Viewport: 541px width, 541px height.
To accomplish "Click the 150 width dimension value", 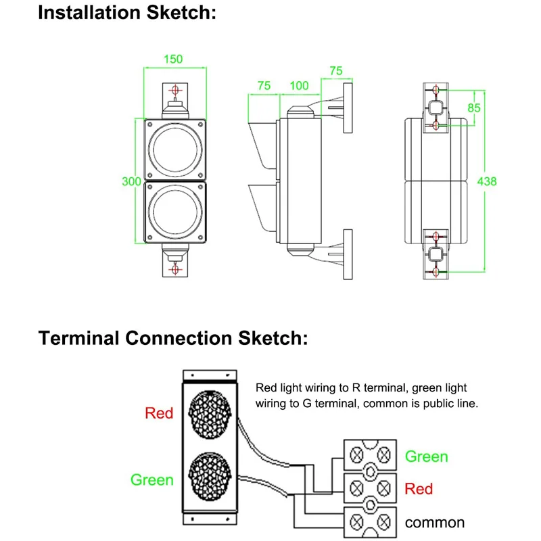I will click(174, 59).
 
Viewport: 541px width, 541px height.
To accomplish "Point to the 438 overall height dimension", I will click(487, 181).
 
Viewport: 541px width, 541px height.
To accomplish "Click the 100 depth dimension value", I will click(299, 86).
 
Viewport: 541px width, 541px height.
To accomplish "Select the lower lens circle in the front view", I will click(174, 212).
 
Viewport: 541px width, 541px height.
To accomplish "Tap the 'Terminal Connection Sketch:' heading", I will click(173, 337).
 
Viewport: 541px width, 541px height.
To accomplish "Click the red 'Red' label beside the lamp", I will click(159, 413).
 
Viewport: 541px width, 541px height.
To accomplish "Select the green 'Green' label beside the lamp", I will click(152, 479).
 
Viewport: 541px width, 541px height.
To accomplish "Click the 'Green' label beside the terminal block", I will click(426, 456).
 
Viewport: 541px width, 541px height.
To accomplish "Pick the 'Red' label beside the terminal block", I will click(419, 488).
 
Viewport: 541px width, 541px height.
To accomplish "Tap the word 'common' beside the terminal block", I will click(435, 522).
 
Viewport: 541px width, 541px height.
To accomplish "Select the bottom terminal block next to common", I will click(370, 520).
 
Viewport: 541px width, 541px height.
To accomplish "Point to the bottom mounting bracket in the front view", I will click(175, 264).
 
